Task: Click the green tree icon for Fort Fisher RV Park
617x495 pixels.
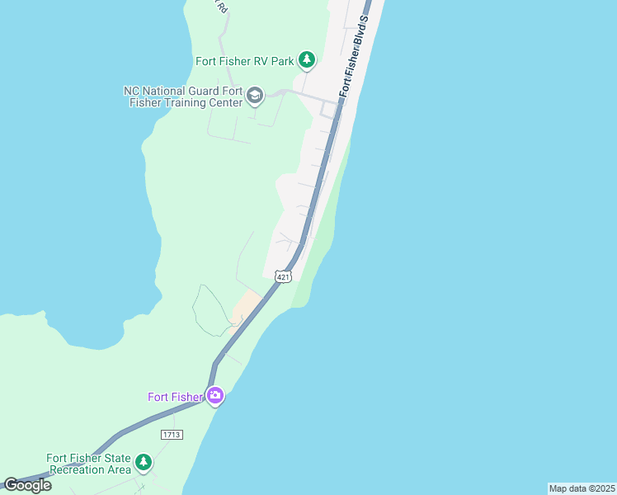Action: (307, 59)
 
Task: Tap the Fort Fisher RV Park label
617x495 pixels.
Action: (244, 61)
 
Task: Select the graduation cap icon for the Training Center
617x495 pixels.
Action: (255, 97)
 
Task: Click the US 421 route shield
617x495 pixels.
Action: (283, 277)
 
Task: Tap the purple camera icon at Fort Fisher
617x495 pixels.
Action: (215, 396)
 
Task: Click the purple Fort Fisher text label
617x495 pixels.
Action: (175, 397)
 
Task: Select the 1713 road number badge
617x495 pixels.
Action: (172, 434)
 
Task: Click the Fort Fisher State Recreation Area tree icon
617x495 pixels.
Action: (144, 461)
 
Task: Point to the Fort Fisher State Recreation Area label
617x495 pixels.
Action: (89, 464)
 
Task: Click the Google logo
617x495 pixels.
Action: (27, 485)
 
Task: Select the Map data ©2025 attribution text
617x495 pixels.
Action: (582, 488)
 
